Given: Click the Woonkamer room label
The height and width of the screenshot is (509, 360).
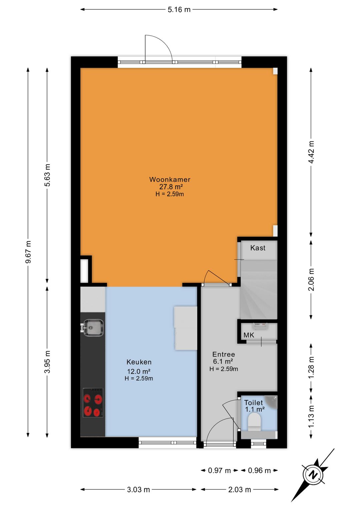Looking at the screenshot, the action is tap(170, 179).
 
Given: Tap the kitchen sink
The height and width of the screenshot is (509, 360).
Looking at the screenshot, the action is tap(93, 328).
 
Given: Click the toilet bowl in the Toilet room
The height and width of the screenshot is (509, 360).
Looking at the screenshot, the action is tap(254, 422).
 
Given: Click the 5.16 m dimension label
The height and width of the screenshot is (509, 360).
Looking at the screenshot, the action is tap(179, 10).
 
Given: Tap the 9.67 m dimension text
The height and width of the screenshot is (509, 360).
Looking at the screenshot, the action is tap(28, 252).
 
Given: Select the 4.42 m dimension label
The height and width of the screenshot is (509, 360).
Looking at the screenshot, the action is tap(311, 152).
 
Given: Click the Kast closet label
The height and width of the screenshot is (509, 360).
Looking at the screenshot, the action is tap(258, 248).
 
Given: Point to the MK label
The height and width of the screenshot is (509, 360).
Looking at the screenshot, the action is tap(249, 335).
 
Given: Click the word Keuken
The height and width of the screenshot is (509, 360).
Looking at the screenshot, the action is tap(139, 362).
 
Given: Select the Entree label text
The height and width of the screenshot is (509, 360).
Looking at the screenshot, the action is tap(223, 354).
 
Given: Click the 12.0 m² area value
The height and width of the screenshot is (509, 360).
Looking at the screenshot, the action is tap(139, 372).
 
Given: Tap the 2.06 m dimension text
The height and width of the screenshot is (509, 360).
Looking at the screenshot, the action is tap(311, 280).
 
